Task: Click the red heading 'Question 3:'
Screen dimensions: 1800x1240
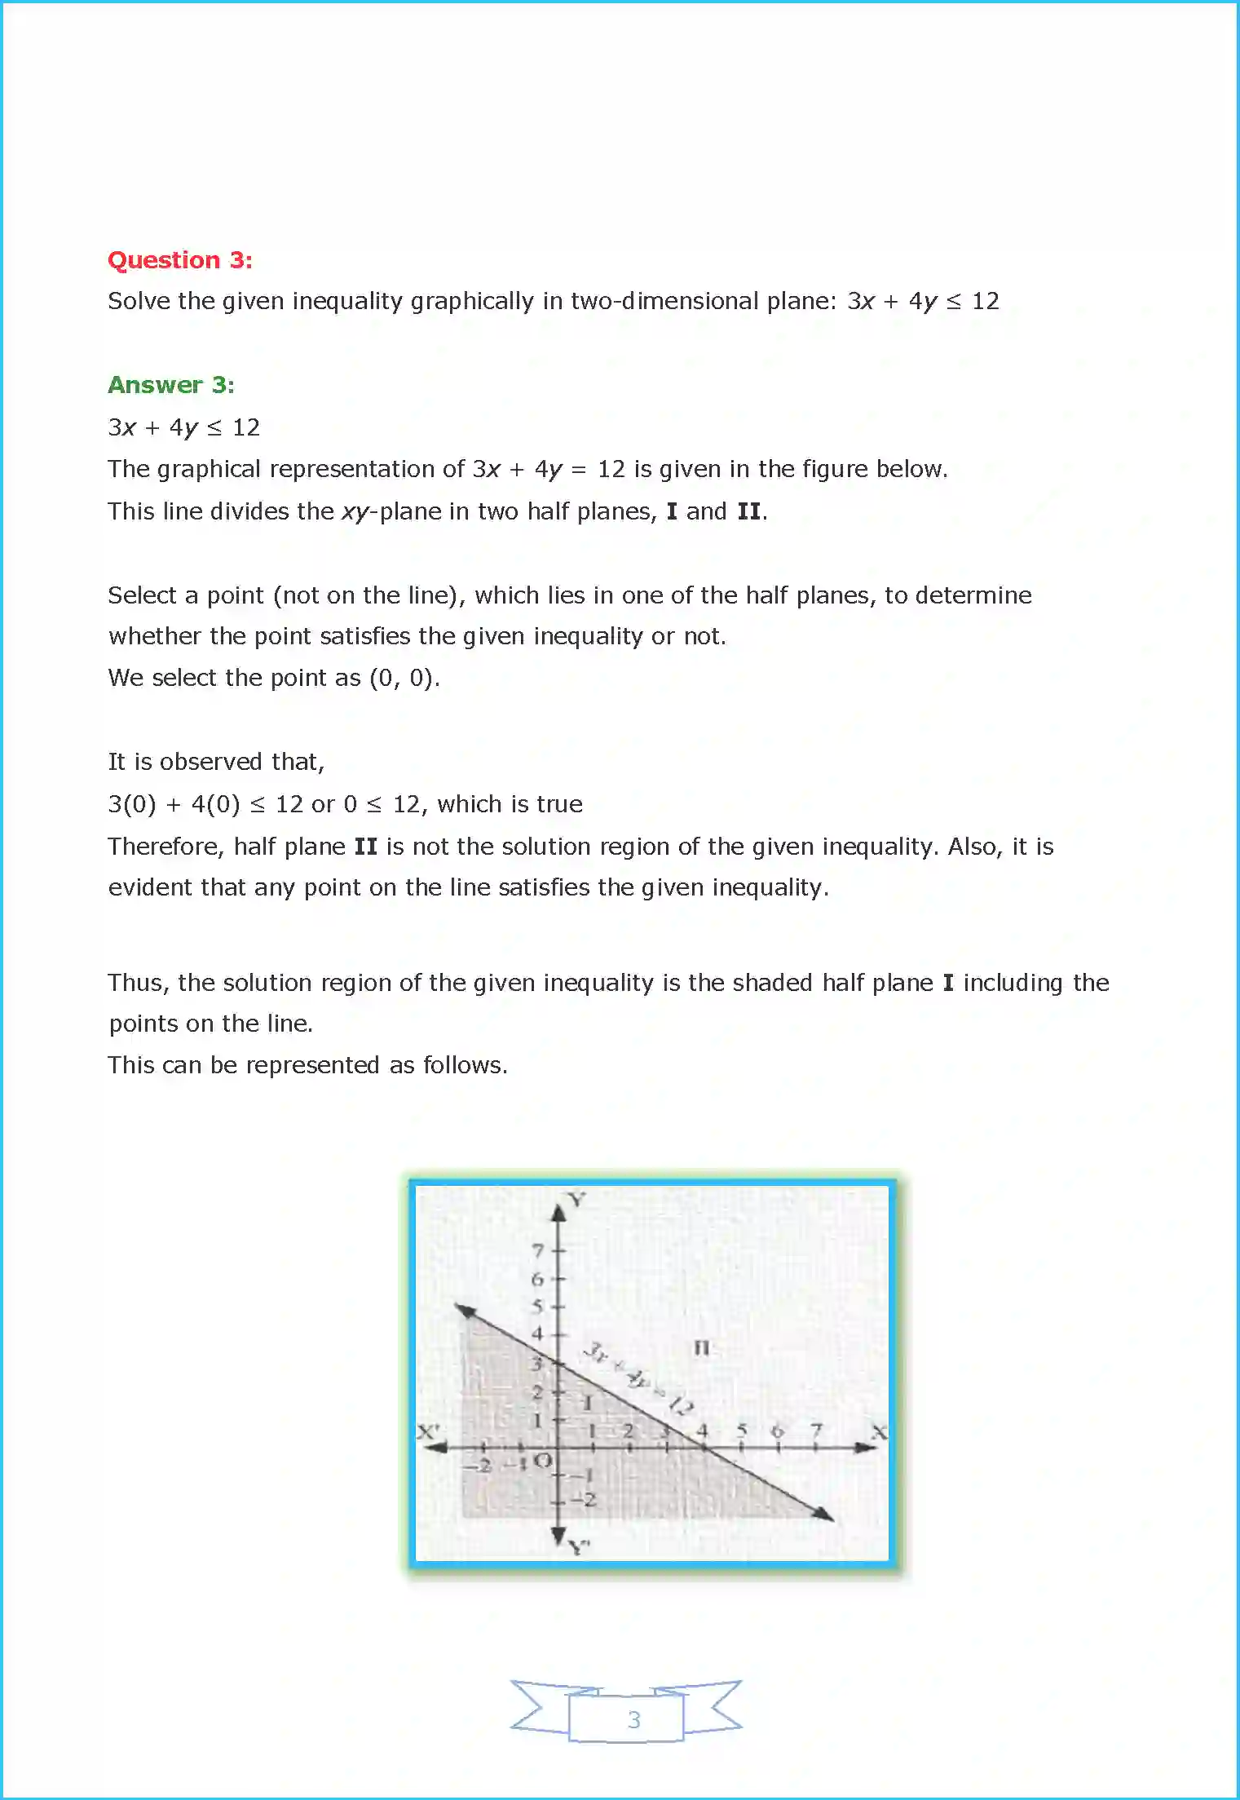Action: point(180,260)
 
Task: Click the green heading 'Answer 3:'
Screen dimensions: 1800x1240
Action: point(171,385)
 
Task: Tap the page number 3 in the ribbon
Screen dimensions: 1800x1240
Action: point(633,1719)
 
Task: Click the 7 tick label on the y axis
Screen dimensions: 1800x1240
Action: point(537,1250)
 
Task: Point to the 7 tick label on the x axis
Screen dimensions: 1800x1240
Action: point(816,1430)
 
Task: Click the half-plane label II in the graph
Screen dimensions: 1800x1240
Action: point(701,1348)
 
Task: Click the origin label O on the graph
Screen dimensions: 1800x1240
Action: point(544,1461)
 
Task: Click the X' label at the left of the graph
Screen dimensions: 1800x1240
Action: point(429,1432)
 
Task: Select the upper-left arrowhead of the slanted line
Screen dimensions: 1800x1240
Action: point(465,1310)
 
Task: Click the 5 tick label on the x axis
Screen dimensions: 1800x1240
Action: point(742,1430)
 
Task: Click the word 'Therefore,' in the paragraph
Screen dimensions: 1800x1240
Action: point(166,847)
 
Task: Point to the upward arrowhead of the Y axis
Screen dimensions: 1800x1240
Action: point(558,1213)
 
